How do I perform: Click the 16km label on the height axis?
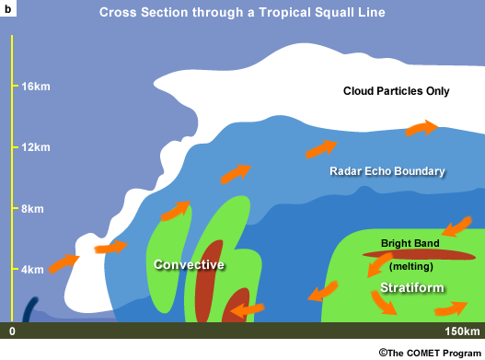pyautogui.click(x=34, y=87)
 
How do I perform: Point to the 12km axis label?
pyautogui.click(x=34, y=148)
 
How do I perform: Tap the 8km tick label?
pyautogui.click(x=32, y=209)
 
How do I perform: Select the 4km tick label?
pyautogui.click(x=32, y=270)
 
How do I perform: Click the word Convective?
pyautogui.click(x=190, y=265)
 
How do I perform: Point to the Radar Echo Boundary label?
pyautogui.click(x=387, y=171)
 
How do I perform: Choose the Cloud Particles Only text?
pyautogui.click(x=396, y=90)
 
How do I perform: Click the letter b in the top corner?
pyautogui.click(x=9, y=9)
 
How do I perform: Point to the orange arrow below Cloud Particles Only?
pyautogui.click(x=422, y=128)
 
